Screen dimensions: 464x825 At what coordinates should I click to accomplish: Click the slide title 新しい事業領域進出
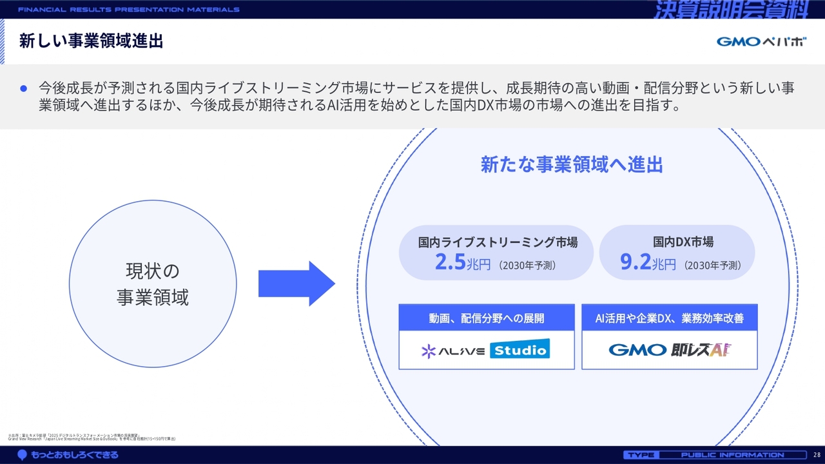tap(91, 42)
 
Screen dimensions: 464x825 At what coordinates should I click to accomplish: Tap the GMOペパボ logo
tap(761, 42)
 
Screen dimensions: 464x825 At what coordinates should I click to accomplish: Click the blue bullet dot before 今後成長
tap(24, 88)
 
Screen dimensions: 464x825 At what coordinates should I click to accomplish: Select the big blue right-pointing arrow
tap(296, 284)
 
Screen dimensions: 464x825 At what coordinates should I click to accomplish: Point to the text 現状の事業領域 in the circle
tap(153, 284)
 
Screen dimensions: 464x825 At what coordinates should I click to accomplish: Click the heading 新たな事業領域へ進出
tap(572, 164)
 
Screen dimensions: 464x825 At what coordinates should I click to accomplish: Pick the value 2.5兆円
tap(463, 263)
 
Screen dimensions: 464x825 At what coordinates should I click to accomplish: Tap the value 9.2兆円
tap(648, 263)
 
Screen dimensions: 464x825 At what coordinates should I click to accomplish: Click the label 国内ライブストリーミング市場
tap(498, 242)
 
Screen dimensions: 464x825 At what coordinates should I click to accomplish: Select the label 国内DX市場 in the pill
tap(683, 242)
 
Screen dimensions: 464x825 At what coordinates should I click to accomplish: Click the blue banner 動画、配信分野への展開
tap(487, 318)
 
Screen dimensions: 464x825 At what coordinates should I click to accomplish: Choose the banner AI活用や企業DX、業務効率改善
tap(670, 318)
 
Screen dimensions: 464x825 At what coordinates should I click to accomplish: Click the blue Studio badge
tap(519, 350)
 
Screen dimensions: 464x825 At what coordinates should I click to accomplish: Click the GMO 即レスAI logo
tap(670, 350)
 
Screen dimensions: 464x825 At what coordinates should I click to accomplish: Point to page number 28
tap(817, 455)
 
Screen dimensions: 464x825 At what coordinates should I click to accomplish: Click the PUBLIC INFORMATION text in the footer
tap(732, 455)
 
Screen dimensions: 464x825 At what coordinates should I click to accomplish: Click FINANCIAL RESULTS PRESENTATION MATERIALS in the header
tap(129, 10)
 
